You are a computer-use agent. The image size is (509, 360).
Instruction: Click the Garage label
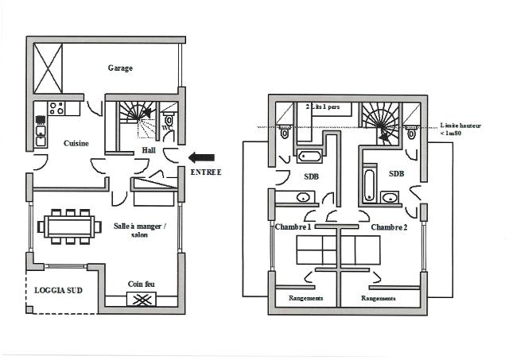[120, 68]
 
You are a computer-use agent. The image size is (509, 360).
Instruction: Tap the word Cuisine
[76, 143]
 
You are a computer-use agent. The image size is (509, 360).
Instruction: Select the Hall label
[148, 149]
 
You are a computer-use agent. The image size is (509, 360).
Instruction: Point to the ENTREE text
[206, 172]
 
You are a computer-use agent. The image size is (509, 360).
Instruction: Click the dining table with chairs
[70, 226]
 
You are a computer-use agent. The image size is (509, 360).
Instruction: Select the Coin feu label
[141, 284]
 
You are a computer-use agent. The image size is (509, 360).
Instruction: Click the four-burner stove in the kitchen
[56, 108]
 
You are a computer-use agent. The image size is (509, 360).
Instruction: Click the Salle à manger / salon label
[140, 230]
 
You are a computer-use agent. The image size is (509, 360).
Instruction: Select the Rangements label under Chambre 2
[379, 298]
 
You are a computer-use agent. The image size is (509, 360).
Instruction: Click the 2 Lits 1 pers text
[323, 106]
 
